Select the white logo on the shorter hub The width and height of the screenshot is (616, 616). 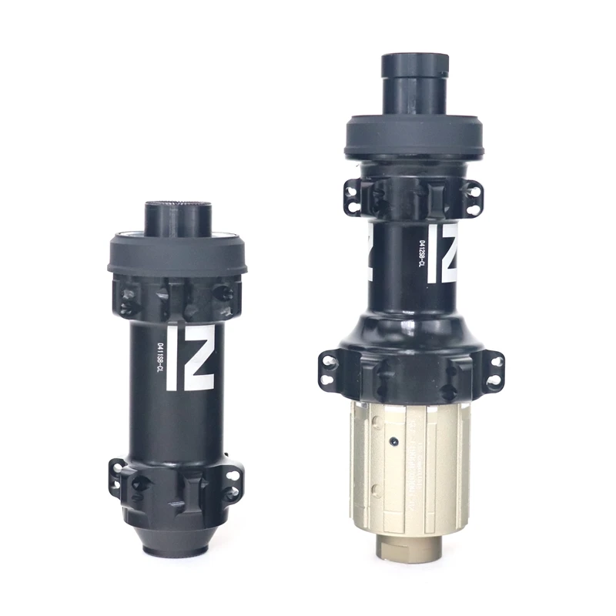pyautogui.click(x=190, y=357)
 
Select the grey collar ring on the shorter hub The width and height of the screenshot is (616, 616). pyautogui.click(x=177, y=256)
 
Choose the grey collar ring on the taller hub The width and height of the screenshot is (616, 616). pyautogui.click(x=413, y=138)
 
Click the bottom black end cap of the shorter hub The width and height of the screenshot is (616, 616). pyautogui.click(x=178, y=539)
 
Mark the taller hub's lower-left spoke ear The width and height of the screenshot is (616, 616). pyautogui.click(x=330, y=369)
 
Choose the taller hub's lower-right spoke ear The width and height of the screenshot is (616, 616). pyautogui.click(x=493, y=370)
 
